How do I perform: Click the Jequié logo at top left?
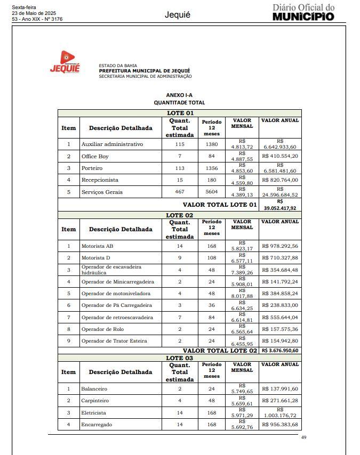click(65, 62)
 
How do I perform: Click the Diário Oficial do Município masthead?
click(303, 12)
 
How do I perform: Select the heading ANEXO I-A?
click(179, 95)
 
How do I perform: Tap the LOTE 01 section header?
click(180, 113)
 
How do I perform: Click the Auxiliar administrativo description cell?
click(112, 144)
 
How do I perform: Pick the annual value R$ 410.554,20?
click(280, 156)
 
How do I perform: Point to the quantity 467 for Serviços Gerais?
click(180, 192)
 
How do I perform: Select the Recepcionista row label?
click(100, 180)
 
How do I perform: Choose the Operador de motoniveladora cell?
click(116, 294)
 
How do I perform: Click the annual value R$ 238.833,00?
click(280, 305)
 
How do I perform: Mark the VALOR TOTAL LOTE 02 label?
click(220, 351)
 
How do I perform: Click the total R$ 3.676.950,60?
click(280, 351)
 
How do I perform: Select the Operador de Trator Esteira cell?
click(114, 341)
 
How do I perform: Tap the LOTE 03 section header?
click(180, 358)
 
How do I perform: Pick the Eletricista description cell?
click(93, 413)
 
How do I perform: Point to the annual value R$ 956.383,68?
click(280, 425)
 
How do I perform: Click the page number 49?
click(303, 437)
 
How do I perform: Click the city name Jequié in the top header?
click(178, 15)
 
